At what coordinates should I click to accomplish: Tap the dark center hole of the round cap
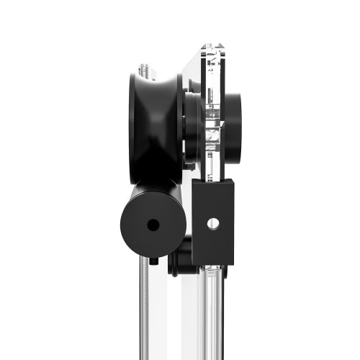[153, 225]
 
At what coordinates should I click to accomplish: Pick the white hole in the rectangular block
[212, 223]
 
